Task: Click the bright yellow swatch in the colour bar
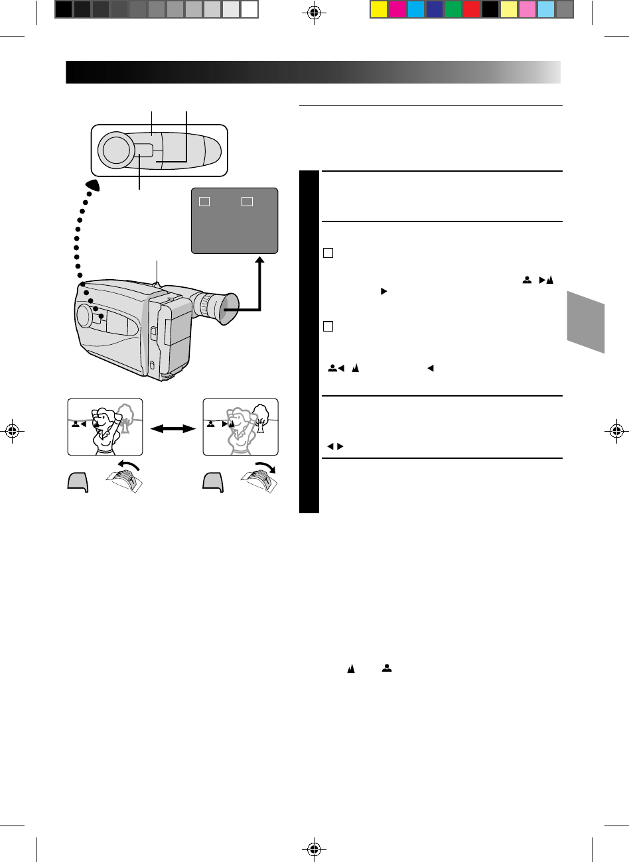coord(378,9)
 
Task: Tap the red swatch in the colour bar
coord(472,9)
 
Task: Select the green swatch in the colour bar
coord(453,9)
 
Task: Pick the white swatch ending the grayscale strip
coord(249,9)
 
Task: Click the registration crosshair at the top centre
coord(314,13)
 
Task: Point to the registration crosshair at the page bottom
coord(314,849)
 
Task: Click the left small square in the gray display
coord(205,201)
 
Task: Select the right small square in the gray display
coord(247,201)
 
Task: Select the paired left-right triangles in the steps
coord(334,446)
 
